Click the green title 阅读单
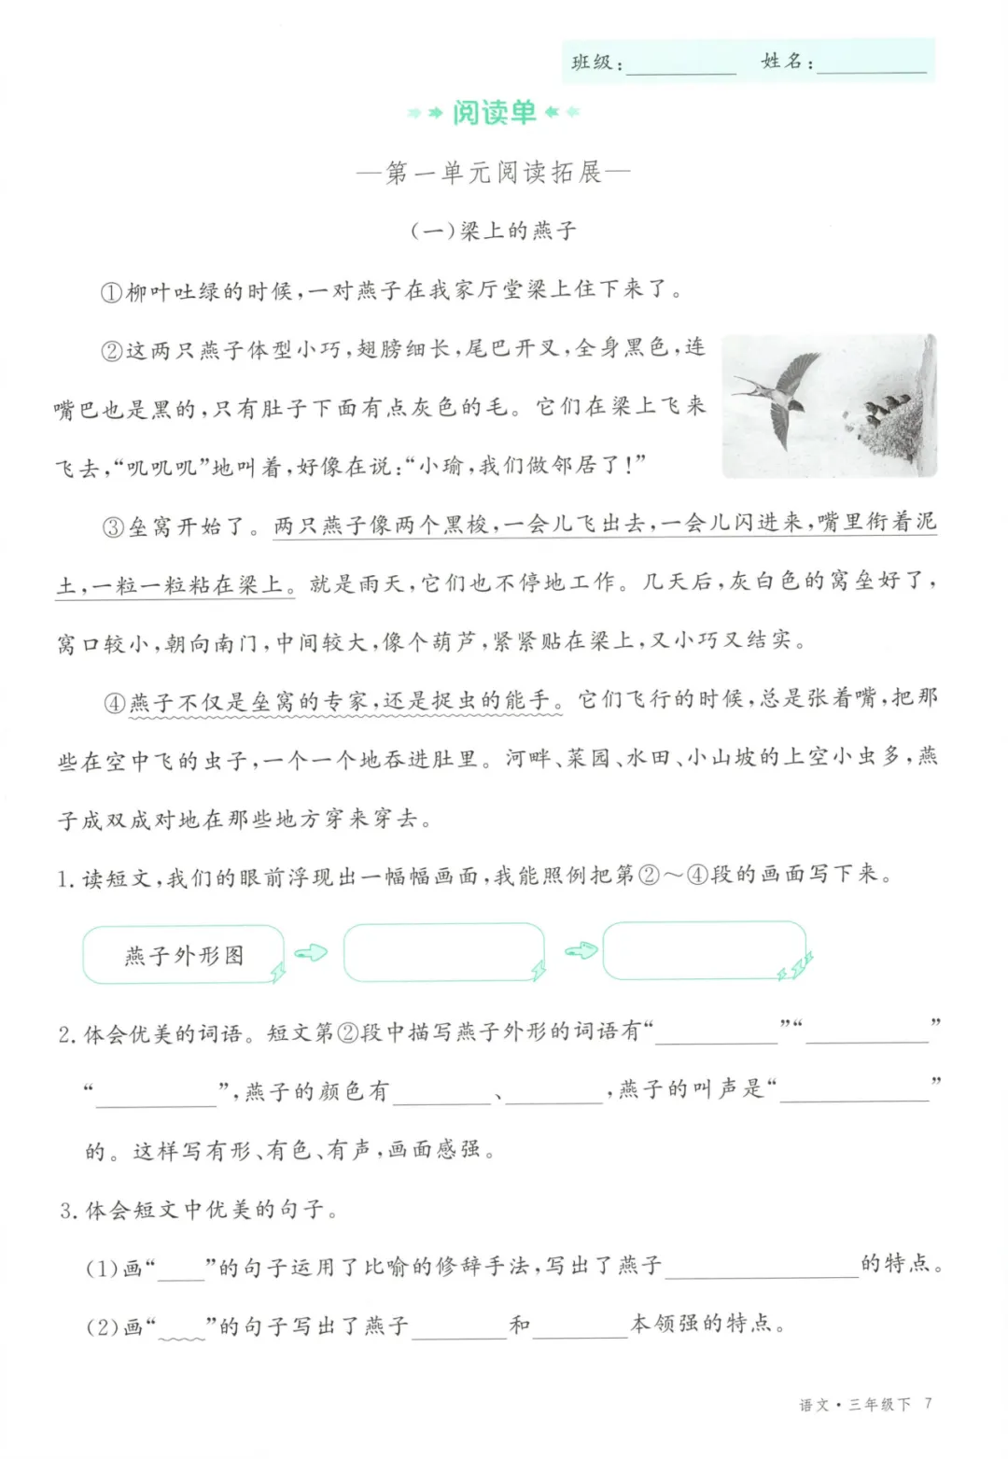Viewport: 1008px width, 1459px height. click(494, 113)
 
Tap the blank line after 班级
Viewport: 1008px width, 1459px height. click(681, 65)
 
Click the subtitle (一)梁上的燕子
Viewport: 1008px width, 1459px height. click(494, 231)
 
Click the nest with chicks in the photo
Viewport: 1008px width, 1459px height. click(882, 420)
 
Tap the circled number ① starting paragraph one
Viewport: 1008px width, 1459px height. click(111, 292)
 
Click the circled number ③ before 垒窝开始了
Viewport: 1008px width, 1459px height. click(113, 526)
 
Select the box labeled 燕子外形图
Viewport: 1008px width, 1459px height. click(184, 955)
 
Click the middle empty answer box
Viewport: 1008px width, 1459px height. click(443, 952)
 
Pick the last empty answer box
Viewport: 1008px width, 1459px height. click(704, 950)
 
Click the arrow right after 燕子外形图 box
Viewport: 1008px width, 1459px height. click(312, 953)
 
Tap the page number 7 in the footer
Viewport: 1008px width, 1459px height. click(928, 1403)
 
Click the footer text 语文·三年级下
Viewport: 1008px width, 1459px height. click(854, 1404)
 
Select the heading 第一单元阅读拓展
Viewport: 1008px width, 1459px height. click(494, 173)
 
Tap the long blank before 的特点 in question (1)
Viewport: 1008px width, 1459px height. click(761, 1266)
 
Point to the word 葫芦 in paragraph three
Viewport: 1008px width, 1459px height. click(453, 641)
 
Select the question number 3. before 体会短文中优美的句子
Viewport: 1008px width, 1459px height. click(69, 1211)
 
